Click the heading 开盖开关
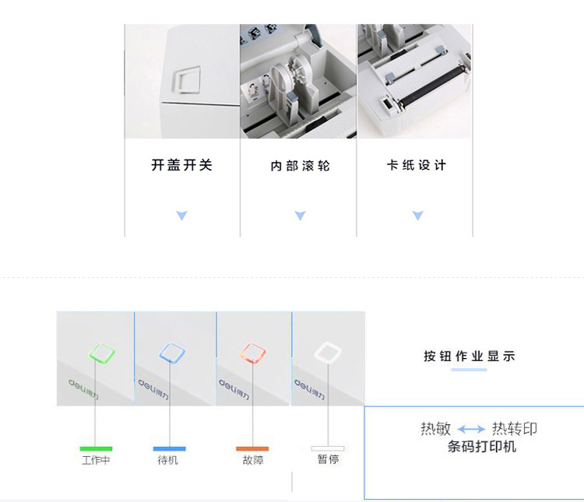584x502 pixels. click(x=181, y=165)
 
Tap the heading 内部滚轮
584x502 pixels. click(x=301, y=166)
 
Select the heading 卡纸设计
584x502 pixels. click(x=417, y=165)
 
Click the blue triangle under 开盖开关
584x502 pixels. click(x=181, y=216)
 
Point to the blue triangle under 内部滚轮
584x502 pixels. click(x=301, y=216)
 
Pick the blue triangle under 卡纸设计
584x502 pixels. click(x=418, y=216)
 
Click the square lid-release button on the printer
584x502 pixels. click(x=186, y=79)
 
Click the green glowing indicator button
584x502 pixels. click(x=102, y=353)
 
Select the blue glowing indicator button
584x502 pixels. click(x=172, y=353)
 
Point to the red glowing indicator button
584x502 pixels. click(x=252, y=353)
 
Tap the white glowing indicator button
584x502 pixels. click(x=328, y=352)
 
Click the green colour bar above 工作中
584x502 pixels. click(x=96, y=449)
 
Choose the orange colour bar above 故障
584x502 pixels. click(x=252, y=449)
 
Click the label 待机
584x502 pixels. click(x=168, y=460)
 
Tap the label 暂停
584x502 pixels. click(x=328, y=459)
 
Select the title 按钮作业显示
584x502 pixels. click(x=470, y=356)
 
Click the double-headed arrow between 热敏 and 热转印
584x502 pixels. click(x=471, y=430)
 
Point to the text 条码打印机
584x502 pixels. click(x=482, y=447)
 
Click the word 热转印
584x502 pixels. click(x=515, y=429)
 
